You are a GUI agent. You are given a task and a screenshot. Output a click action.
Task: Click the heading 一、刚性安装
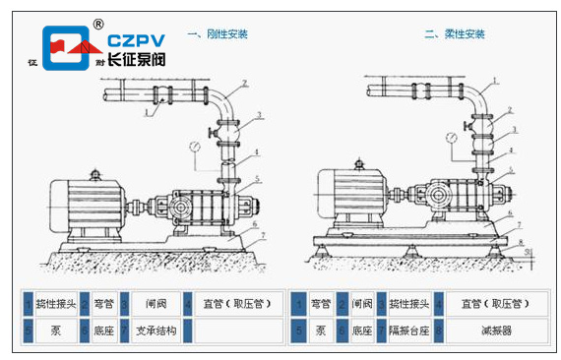[x=218, y=33]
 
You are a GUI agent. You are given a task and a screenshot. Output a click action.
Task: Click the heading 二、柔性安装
[x=455, y=33]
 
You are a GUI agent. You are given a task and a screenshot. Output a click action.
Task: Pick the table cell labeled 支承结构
[x=156, y=331]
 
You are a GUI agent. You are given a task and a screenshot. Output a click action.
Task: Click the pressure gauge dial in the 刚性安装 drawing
[x=195, y=147]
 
